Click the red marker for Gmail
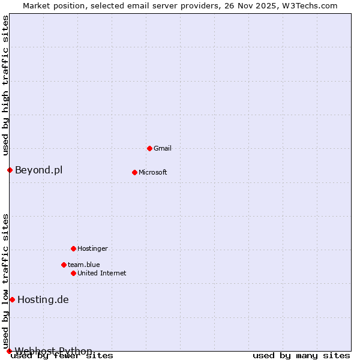point(149,148)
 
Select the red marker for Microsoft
point(134,172)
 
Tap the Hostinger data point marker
point(73,248)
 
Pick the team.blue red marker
point(64,265)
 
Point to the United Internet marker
point(73,273)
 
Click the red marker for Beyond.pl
point(10,170)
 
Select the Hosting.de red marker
point(12,299)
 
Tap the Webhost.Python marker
point(9,351)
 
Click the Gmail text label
point(163,148)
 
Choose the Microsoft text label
point(153,172)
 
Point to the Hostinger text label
point(92,248)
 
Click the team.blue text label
point(84,265)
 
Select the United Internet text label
point(102,273)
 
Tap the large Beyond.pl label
point(38,170)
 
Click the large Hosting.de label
point(43,299)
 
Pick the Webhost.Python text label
point(53,351)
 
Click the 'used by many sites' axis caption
point(301,356)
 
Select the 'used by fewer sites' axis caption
point(62,356)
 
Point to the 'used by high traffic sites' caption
point(5,85)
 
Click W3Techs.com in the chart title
point(310,5)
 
